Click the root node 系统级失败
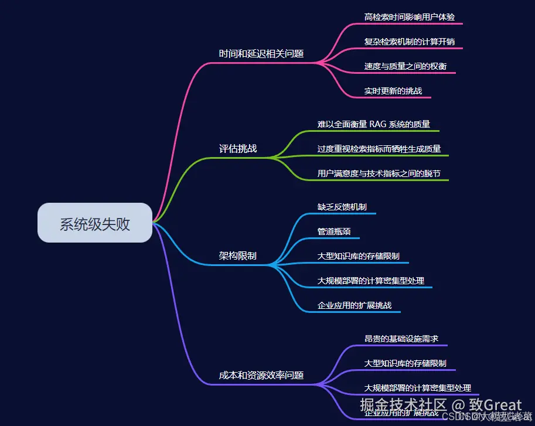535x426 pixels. point(94,223)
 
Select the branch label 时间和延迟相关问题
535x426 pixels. point(261,53)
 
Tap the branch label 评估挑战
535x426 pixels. point(238,148)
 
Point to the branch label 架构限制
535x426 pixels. point(237,256)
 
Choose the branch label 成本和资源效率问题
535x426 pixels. point(261,375)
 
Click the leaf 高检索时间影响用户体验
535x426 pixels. point(409,17)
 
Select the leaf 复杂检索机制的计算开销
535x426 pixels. point(409,42)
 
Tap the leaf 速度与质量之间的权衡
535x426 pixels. point(405,66)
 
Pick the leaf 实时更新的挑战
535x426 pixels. point(393,91)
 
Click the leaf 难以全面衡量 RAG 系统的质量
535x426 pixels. point(374,124)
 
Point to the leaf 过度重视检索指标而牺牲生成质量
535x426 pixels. point(379,149)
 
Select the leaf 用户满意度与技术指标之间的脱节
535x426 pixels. point(379,173)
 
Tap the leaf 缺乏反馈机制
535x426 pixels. point(342,207)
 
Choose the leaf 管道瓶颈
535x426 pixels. point(334,231)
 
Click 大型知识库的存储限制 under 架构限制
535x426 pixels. point(358,256)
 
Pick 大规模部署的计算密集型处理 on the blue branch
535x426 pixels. point(370,281)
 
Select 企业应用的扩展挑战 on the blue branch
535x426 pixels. point(354,305)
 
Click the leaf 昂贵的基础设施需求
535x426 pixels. point(401,339)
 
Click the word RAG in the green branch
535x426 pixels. point(379,124)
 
